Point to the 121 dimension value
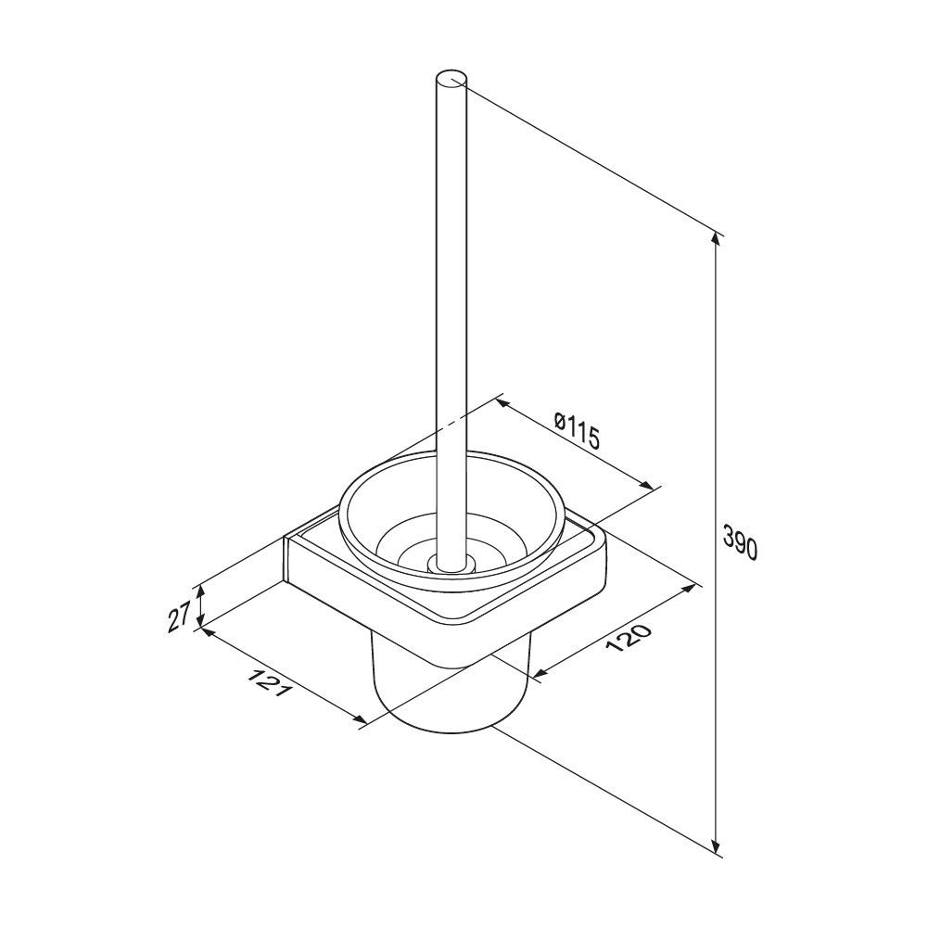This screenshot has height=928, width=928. [x=270, y=682]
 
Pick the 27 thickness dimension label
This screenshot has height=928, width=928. [x=179, y=616]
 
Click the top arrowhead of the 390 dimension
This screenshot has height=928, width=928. [x=717, y=238]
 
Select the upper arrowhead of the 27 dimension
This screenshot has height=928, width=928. [x=201, y=591]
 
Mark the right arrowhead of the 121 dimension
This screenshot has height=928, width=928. [x=360, y=720]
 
